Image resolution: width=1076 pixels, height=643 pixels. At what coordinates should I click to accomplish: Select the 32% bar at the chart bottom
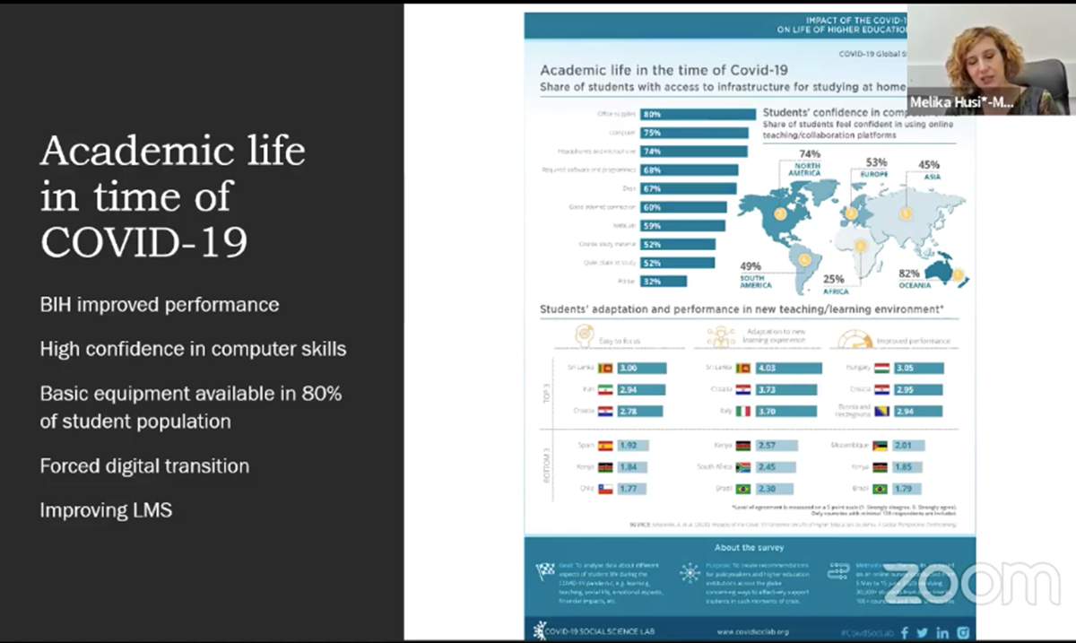664,282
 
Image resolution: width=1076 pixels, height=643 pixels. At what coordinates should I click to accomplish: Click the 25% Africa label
834,284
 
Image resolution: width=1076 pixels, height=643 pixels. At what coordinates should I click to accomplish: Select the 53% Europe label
876,167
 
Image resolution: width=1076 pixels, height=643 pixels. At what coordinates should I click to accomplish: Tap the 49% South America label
753,272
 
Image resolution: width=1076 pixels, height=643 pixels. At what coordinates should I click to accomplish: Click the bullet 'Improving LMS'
106,510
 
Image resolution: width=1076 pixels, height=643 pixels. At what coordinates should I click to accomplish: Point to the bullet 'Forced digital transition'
144,466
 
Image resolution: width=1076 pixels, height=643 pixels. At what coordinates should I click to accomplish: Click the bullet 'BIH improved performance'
160,305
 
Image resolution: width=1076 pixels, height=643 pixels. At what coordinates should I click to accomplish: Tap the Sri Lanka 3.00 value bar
640,368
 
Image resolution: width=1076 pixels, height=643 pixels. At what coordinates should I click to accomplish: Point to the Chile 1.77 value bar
632,489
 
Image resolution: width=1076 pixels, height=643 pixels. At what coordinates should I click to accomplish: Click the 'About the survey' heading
749,547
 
